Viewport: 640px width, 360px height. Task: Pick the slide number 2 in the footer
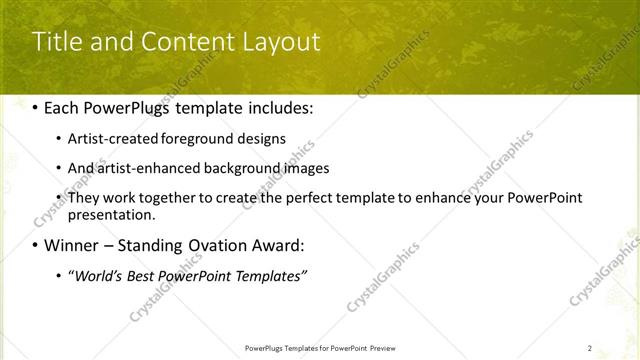(x=590, y=348)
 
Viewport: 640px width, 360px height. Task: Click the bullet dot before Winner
(x=37, y=246)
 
